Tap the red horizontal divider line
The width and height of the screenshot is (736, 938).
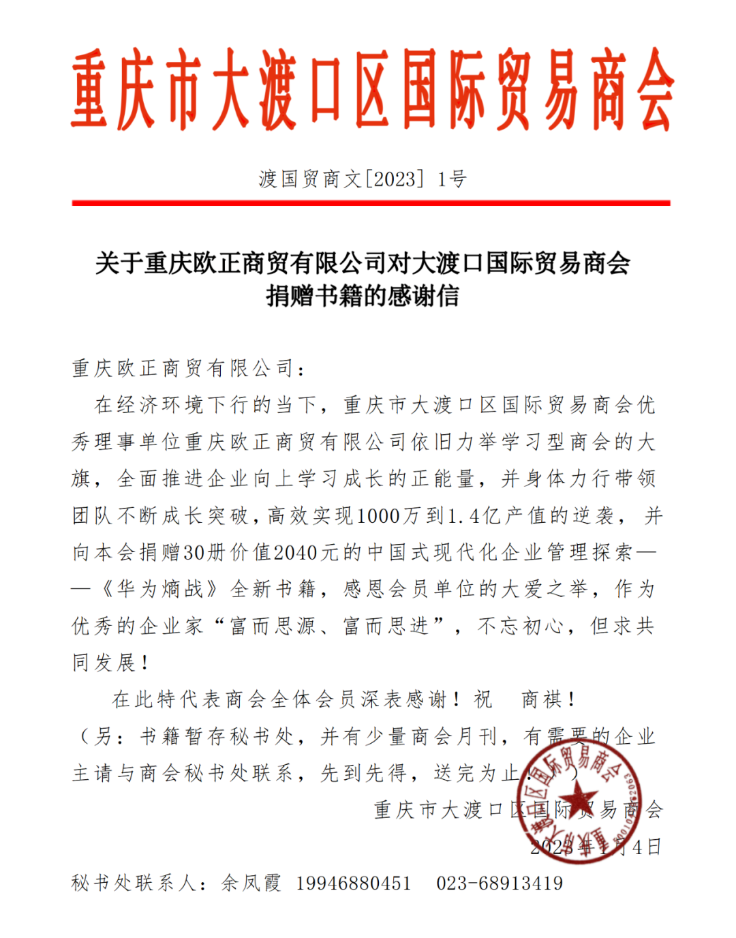coord(371,202)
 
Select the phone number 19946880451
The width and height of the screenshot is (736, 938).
coord(354,883)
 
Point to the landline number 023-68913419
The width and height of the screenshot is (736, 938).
coord(500,883)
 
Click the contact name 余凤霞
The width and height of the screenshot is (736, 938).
coord(251,883)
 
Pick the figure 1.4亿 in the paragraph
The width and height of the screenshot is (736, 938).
coord(474,515)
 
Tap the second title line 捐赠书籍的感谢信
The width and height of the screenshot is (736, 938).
coord(363,296)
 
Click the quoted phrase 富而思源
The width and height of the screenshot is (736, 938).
coord(272,626)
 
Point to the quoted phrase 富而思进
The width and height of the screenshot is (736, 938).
coord(386,626)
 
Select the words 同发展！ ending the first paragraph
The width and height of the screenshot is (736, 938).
coord(111,663)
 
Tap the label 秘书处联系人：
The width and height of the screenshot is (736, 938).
coord(140,883)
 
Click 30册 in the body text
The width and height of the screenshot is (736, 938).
coord(204,552)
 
